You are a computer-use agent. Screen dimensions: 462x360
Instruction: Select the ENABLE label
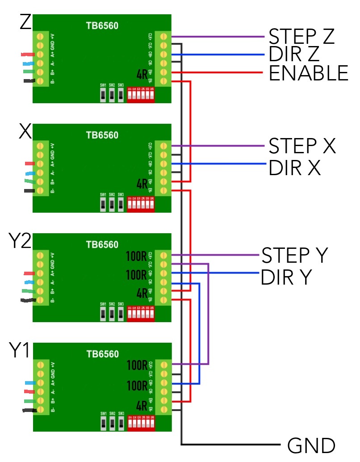coord(308,73)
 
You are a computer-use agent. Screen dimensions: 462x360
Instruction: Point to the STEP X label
coord(301,146)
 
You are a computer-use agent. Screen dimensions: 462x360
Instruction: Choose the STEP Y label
coord(295,256)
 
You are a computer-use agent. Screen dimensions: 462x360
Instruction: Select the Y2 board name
coord(20,241)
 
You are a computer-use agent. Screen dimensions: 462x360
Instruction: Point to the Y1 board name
coord(20,351)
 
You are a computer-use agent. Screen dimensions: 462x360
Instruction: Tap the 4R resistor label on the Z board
coord(142,74)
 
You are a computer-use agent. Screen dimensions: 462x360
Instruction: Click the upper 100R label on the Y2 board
coord(137,257)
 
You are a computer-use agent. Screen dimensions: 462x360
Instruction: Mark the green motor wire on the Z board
coord(28,71)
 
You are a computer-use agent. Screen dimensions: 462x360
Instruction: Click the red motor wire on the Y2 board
coord(29,273)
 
